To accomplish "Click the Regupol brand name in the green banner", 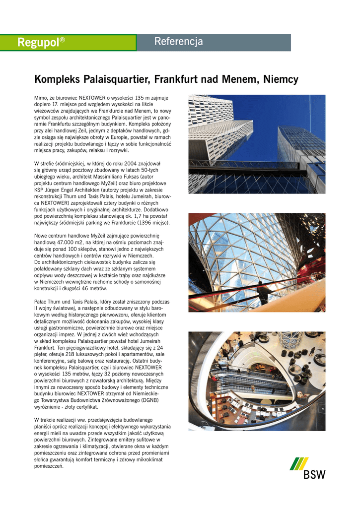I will [38, 43].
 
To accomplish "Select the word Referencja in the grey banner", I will [178, 42].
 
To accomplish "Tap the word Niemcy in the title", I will [281, 79].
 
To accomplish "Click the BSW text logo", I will [315, 475].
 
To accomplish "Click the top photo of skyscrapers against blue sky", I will [257, 144].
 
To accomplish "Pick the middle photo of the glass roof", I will [257, 262].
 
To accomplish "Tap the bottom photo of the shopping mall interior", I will [257, 381].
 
